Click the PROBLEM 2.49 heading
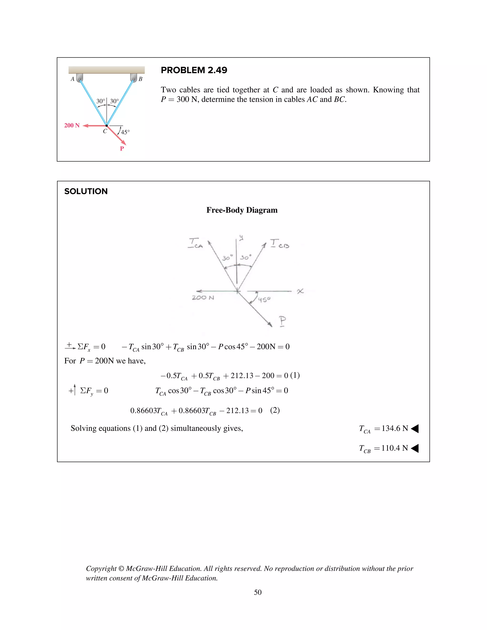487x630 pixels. point(194,70)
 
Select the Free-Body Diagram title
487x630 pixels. point(242,210)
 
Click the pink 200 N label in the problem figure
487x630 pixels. point(72,126)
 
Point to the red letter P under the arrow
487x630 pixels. point(122,149)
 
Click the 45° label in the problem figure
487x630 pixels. point(125,132)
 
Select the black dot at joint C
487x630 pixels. point(107,126)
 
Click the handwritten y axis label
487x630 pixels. point(241,237)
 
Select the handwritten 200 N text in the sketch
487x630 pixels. point(203,298)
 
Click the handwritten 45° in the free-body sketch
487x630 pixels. point(264,300)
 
